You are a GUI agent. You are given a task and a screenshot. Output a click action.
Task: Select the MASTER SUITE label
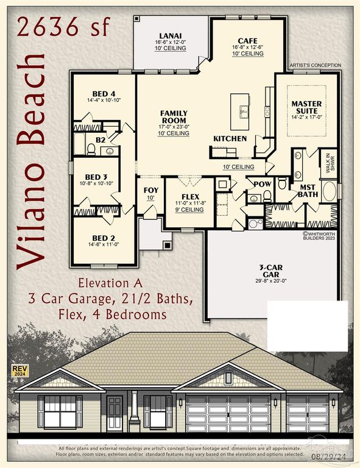pos(306,108)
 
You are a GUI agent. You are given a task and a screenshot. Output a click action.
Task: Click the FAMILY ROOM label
pos(174,116)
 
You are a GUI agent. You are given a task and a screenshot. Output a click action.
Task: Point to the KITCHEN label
pos(230,139)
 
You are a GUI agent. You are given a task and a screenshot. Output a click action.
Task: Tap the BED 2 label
pos(103,238)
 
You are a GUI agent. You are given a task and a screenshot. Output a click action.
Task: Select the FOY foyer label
pos(151,190)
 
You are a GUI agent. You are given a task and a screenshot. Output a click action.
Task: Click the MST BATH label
pos(307,191)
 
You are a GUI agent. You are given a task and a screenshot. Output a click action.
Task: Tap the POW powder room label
pos(263,183)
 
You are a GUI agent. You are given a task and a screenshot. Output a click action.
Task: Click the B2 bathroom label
pos(101,140)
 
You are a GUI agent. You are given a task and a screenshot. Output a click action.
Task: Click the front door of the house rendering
pos(115,414)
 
